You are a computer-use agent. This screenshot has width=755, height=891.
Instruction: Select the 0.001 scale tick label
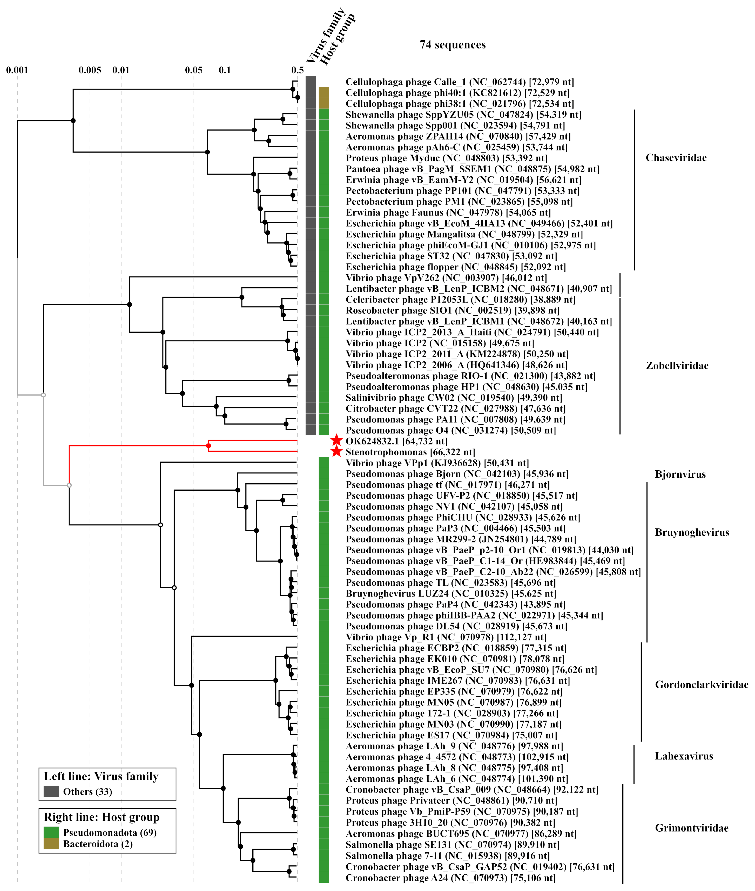tap(17, 70)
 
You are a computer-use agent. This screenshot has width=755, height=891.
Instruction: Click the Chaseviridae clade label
tap(676, 158)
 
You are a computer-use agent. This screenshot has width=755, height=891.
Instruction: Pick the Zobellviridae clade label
tap(677, 365)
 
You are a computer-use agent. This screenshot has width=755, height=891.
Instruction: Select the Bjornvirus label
tap(680, 474)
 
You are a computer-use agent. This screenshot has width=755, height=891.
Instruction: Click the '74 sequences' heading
tap(452, 45)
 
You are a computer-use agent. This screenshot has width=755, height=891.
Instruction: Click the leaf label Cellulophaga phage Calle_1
tap(459, 82)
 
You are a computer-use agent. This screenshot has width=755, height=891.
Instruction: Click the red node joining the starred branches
tap(208, 446)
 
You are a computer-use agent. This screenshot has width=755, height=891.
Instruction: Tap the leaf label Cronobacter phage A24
tap(450, 878)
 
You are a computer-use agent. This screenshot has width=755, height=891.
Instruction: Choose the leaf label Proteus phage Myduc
tap(446, 158)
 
